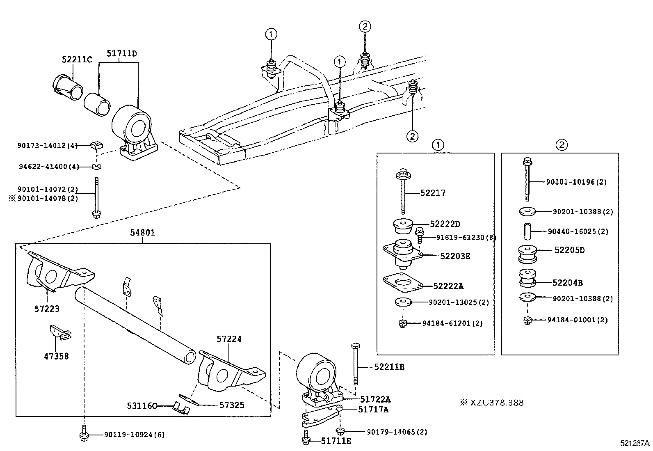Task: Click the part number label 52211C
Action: pos(77,59)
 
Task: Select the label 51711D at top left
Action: pos(121,53)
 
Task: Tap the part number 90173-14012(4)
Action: pos(48,145)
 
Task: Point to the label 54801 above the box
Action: pos(143,233)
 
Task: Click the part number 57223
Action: pos(47,309)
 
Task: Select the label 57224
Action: pos(229,339)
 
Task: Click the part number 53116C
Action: pos(142,406)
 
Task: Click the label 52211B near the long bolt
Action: pos(389,367)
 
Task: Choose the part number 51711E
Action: pos(336,441)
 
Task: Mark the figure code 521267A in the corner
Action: pos(635,443)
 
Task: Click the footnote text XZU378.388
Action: pos(496,403)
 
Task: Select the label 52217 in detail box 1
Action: pos(432,193)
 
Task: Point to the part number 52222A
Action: pos(448,286)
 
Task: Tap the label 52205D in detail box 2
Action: pos(569,250)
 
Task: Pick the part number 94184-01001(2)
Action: pos(578,320)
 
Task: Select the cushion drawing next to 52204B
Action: pos(527,278)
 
